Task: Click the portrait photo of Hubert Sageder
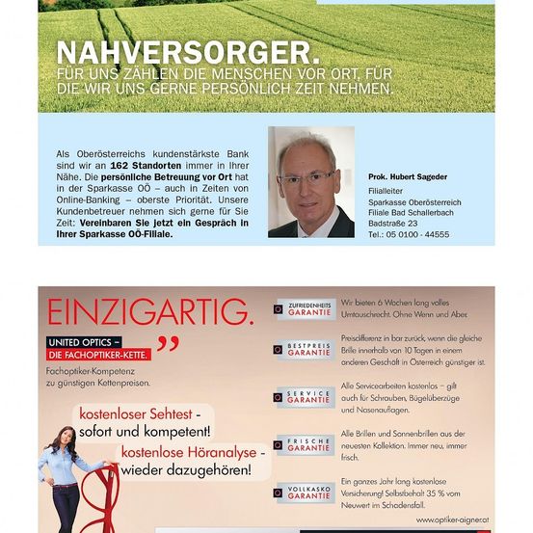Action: click(310, 181)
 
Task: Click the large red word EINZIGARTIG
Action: click(149, 312)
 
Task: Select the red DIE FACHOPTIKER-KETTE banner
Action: click(95, 356)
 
